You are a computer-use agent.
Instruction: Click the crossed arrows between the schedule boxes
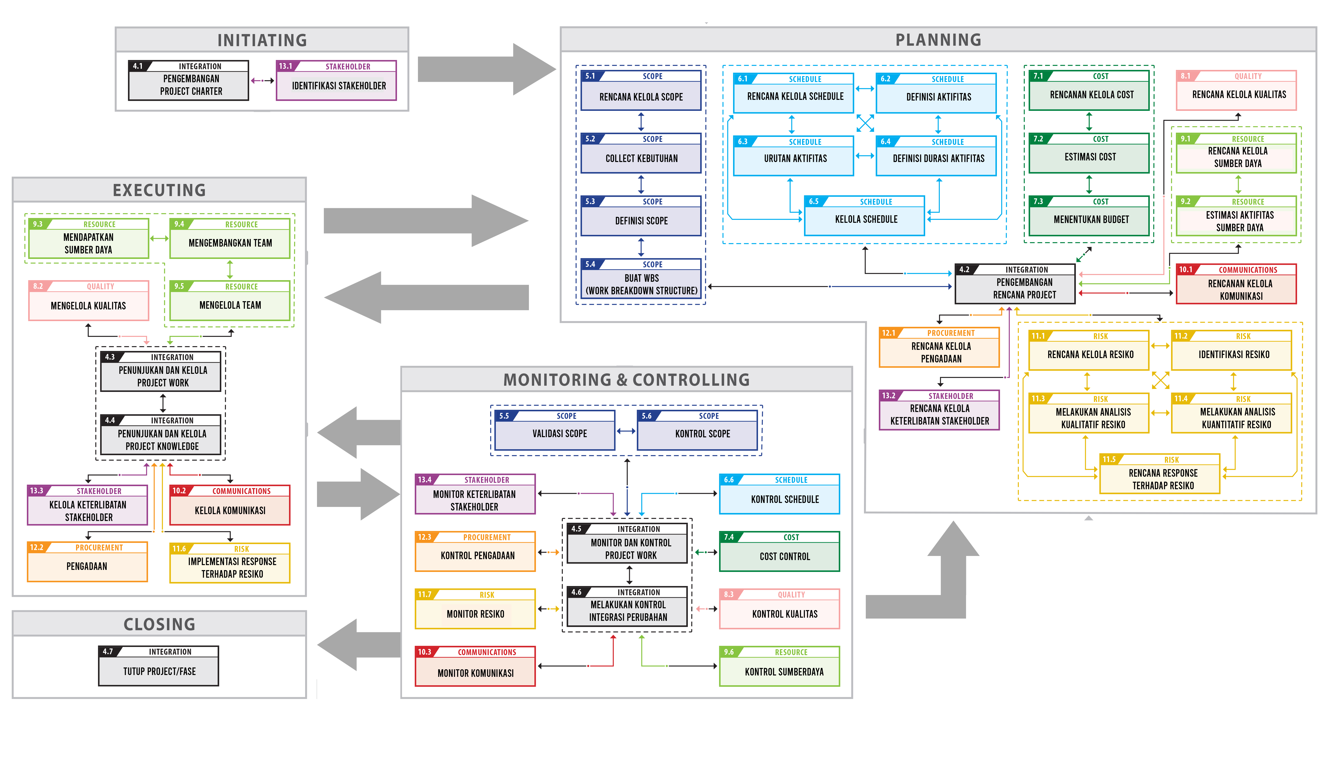(x=865, y=123)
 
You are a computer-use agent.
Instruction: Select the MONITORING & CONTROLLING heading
(x=626, y=379)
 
